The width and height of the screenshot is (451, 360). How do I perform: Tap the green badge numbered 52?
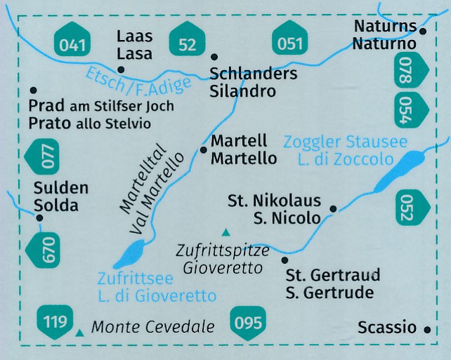(x=188, y=45)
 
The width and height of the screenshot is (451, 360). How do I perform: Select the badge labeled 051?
(x=289, y=44)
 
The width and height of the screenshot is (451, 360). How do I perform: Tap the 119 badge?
(x=55, y=322)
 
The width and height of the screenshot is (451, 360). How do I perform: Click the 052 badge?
(x=405, y=206)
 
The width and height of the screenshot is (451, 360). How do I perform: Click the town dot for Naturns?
(x=423, y=31)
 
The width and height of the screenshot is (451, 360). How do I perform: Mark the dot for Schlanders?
(x=214, y=58)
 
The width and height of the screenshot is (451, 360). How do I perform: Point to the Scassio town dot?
(x=427, y=328)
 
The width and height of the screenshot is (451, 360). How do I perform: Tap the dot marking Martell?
(x=204, y=149)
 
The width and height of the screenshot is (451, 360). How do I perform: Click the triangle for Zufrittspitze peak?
(x=225, y=232)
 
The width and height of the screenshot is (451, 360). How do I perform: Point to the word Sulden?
(x=62, y=188)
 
